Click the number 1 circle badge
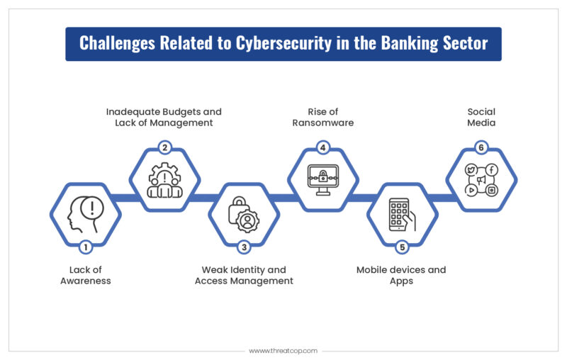(x=85, y=247)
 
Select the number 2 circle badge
(x=164, y=148)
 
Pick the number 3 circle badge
(x=244, y=247)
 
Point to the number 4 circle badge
(x=322, y=148)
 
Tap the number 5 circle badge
(x=402, y=247)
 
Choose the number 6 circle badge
(x=481, y=148)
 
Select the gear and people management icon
(x=164, y=180)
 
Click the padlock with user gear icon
(x=244, y=214)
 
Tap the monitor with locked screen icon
(x=322, y=180)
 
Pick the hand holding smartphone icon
(x=402, y=214)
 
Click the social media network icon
(x=481, y=180)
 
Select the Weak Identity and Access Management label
(x=244, y=275)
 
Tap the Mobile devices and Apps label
(x=401, y=275)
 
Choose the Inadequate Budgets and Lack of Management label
(x=164, y=117)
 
